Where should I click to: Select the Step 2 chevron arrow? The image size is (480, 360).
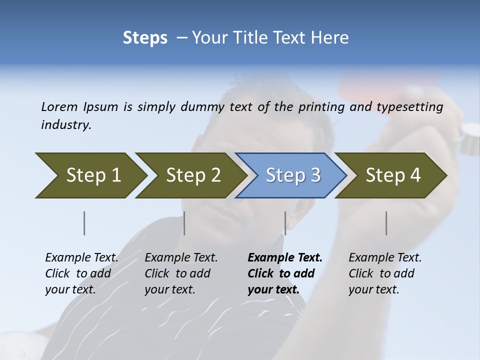pos(190,175)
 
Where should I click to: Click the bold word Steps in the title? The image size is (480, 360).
pos(145,38)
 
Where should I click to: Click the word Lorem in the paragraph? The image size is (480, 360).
pos(59,106)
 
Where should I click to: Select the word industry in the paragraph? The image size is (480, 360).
pos(66,125)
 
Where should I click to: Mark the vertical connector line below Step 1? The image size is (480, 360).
pos(84,223)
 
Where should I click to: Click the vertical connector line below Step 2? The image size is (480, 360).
pos(184,223)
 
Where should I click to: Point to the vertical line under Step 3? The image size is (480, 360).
pos(285,223)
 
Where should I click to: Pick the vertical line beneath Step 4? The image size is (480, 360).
pos(386,223)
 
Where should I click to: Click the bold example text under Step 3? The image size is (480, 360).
pos(284,273)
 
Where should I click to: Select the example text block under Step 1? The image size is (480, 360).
pos(81,273)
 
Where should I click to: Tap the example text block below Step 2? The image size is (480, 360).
pos(181,273)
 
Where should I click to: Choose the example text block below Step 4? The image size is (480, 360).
pos(384,273)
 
